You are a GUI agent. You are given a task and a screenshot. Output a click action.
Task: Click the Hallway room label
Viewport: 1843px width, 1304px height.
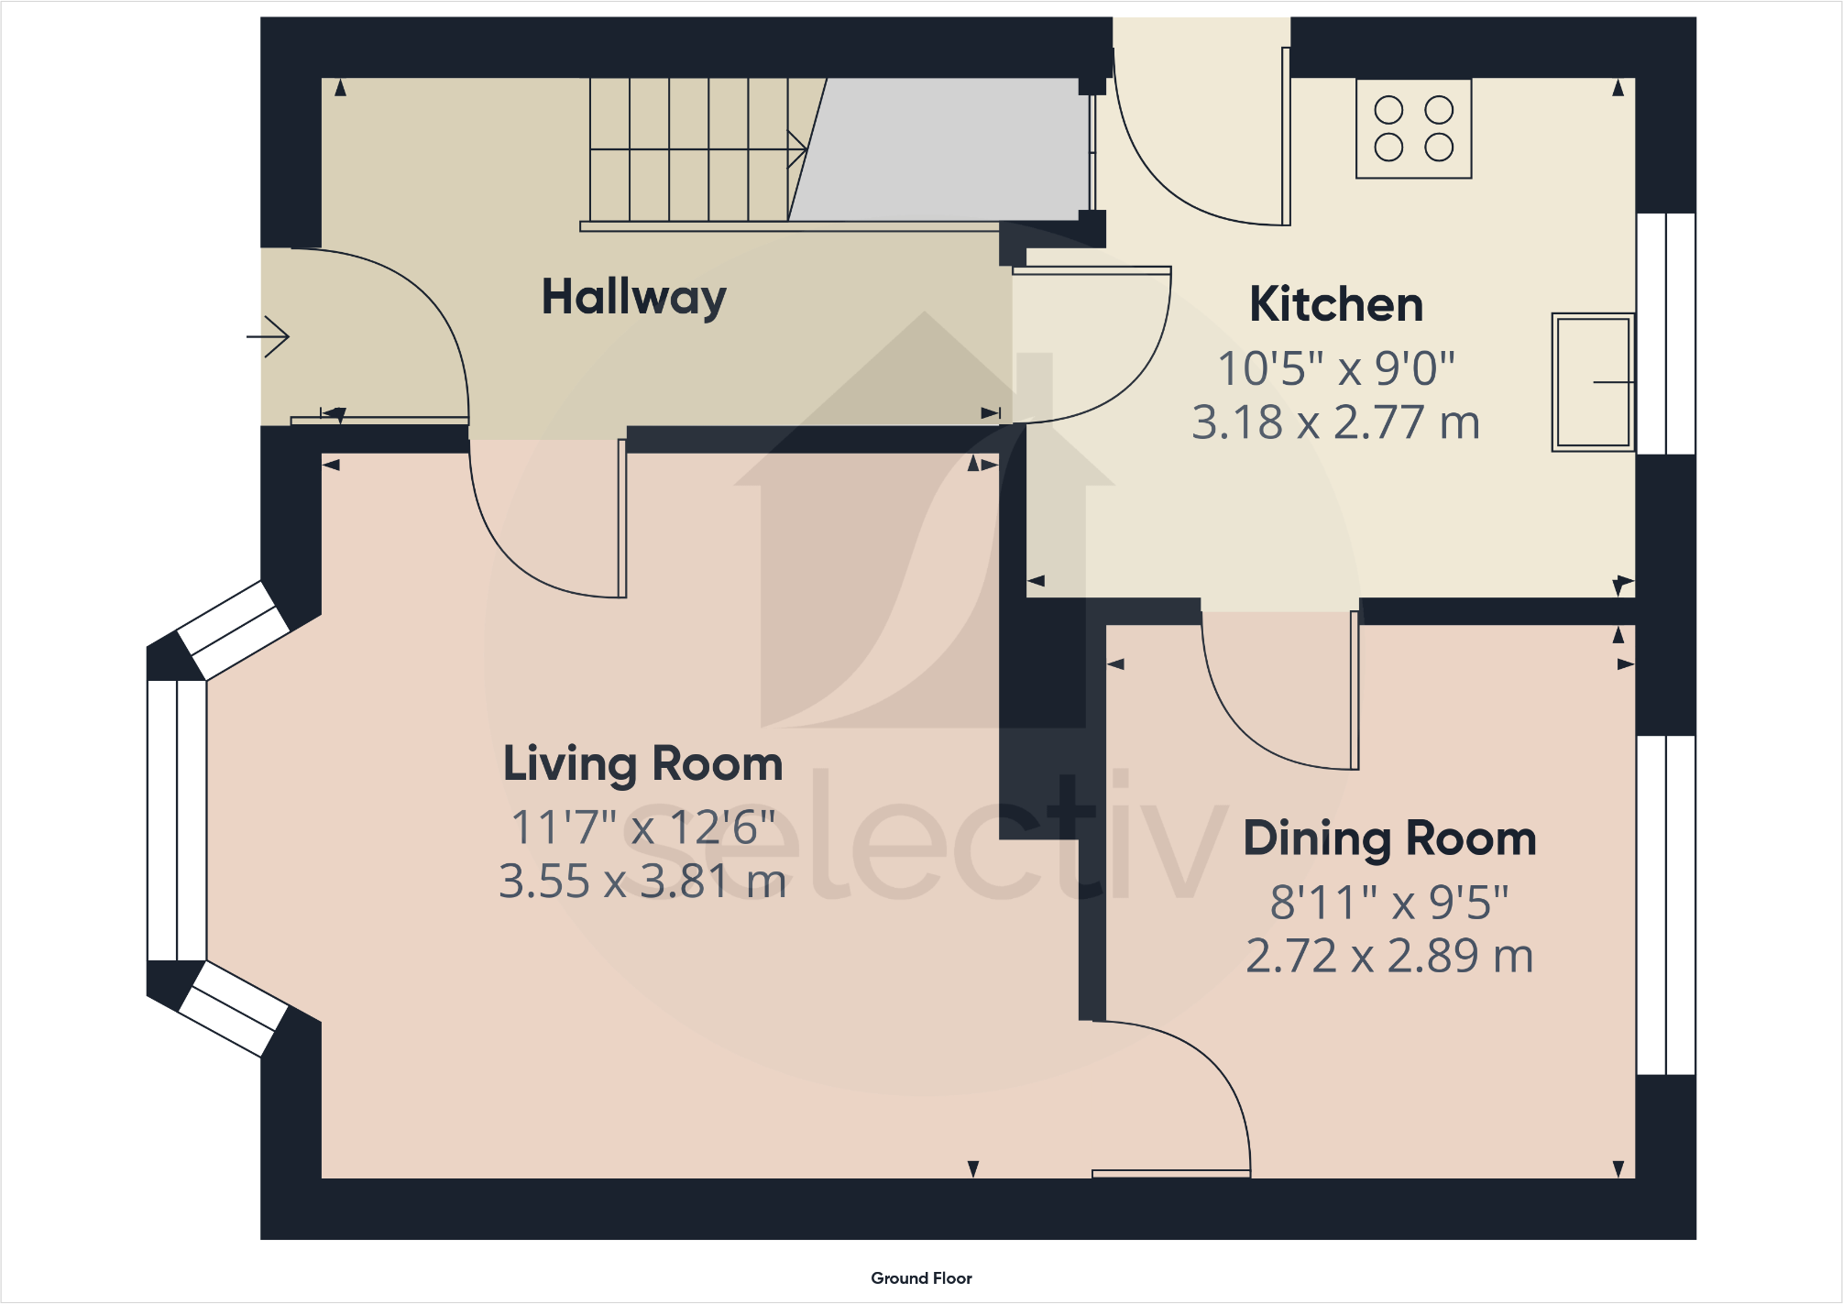[x=633, y=298]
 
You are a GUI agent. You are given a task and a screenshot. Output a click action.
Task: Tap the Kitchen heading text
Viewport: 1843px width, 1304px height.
[x=1335, y=304]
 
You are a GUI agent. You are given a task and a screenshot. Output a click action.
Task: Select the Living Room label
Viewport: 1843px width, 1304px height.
[x=642, y=763]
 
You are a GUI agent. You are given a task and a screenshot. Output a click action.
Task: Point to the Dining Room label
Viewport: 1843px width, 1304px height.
[x=1389, y=838]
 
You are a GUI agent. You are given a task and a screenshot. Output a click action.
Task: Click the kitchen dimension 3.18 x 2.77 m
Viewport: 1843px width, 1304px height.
[x=1335, y=422]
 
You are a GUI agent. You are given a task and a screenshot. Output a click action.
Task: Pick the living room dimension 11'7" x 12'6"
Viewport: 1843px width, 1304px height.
[x=642, y=827]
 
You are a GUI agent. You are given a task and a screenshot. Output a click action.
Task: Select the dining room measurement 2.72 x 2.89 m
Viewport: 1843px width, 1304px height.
[x=1389, y=956]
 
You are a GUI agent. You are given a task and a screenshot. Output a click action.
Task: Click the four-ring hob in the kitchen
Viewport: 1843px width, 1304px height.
[x=1413, y=128]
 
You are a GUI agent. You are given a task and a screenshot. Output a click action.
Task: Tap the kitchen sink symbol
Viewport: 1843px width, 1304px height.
[x=1593, y=382]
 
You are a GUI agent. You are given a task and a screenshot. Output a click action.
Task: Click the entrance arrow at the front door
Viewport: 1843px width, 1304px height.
[x=269, y=336]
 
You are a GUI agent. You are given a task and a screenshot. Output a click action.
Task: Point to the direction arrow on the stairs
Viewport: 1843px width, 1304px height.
[x=795, y=148]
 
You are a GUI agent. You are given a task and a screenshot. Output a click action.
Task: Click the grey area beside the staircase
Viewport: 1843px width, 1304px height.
[x=944, y=148]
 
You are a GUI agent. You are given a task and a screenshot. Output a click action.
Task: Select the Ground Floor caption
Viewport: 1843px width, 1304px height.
[x=921, y=1278]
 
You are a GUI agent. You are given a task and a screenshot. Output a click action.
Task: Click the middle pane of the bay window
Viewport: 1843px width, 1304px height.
[x=177, y=820]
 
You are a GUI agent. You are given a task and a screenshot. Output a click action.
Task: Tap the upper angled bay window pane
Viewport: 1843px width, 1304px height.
[x=234, y=630]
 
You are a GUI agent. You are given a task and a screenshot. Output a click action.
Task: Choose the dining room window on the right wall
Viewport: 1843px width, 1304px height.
[x=1665, y=904]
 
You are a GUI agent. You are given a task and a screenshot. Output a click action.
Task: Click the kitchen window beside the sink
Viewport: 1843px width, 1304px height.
[x=1665, y=334]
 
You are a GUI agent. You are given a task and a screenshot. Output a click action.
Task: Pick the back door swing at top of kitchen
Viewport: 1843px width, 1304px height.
[x=1201, y=147]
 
